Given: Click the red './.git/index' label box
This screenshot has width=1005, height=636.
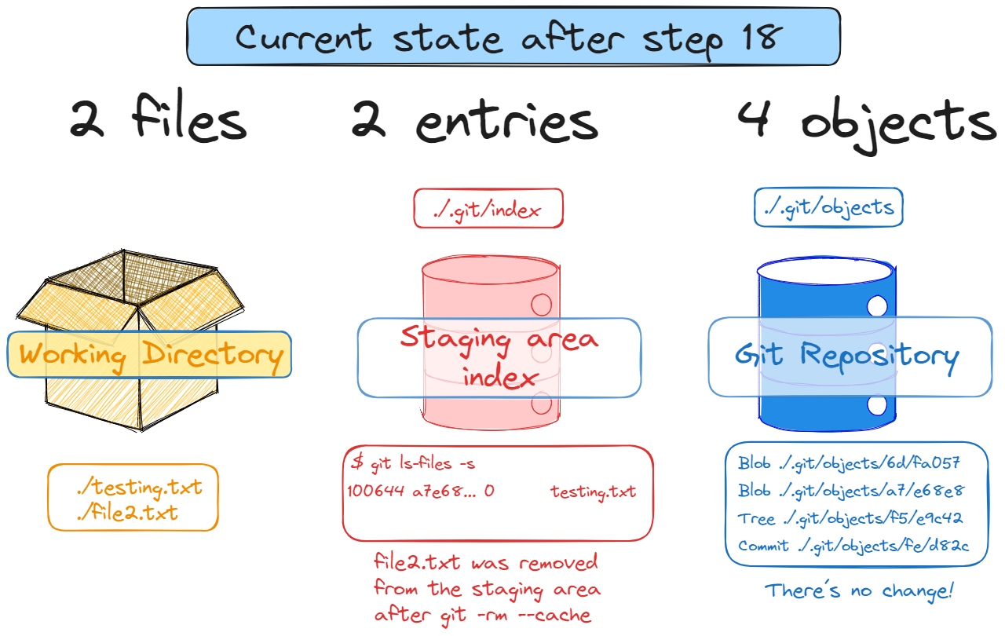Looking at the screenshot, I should tap(488, 209).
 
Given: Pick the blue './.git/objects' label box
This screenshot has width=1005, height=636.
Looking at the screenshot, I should tap(828, 208).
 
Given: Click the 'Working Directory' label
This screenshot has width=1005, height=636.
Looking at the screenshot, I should tap(150, 355).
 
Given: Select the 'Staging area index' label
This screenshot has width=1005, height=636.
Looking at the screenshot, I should tap(499, 357).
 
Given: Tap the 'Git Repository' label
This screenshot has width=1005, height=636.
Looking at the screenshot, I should tap(848, 356).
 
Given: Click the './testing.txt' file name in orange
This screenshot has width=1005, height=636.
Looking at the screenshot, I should tap(140, 488).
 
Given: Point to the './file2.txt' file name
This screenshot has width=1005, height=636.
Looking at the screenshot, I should tap(127, 514).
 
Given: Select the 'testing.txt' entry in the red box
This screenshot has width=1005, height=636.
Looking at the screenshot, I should tap(593, 492).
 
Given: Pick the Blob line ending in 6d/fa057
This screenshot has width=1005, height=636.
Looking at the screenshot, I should tap(850, 463).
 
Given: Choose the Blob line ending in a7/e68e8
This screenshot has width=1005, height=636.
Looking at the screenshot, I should tap(850, 491).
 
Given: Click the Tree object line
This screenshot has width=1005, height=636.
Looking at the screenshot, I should tap(850, 518).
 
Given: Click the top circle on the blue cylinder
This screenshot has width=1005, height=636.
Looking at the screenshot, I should tap(877, 305).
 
